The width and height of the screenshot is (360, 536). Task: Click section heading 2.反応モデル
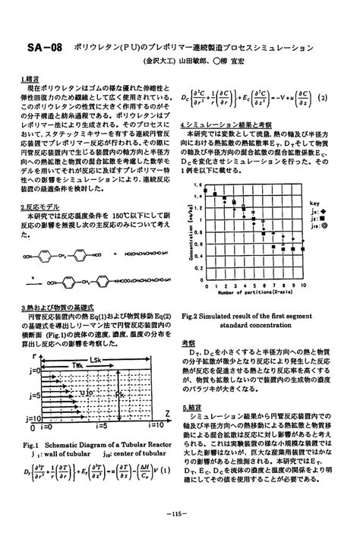tap(40, 206)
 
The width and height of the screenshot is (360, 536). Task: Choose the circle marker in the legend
tap(326, 225)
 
